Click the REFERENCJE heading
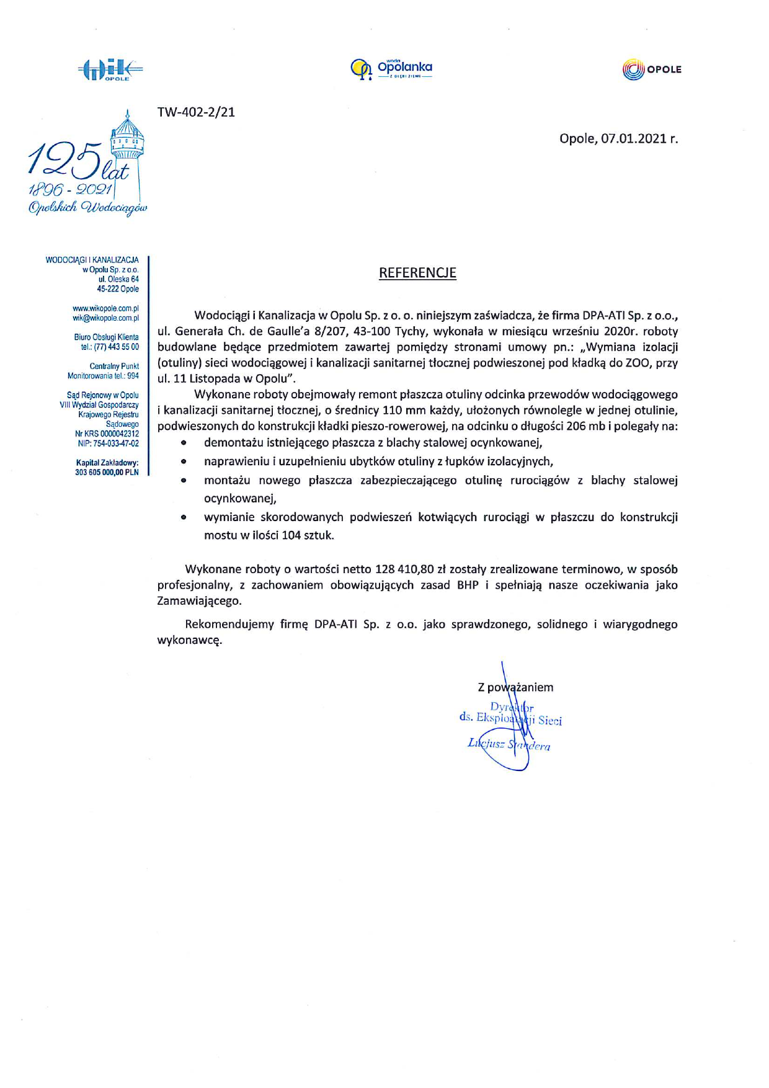tap(417, 273)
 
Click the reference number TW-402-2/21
tap(196, 112)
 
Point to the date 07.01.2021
tap(633, 138)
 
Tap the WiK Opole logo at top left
tap(110, 70)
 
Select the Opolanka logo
tap(391, 69)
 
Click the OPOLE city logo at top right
tap(651, 69)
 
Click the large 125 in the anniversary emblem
tap(65, 160)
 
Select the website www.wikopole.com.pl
tap(105, 308)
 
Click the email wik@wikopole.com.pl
tap(105, 318)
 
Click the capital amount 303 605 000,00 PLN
tap(107, 472)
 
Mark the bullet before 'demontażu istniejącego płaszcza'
tap(184, 443)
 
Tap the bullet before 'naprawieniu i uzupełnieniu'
tap(184, 462)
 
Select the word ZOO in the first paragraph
tap(637, 363)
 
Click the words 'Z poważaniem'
tap(515, 687)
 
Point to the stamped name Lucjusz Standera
tap(509, 744)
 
